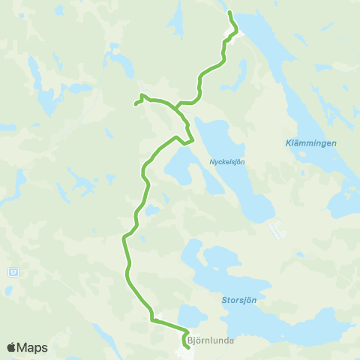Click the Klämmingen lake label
click(311, 142)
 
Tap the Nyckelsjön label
click(227, 160)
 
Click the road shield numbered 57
click(13, 270)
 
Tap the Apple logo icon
click(11, 347)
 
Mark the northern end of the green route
click(229, 13)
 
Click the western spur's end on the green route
click(136, 103)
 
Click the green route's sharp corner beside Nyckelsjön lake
click(193, 140)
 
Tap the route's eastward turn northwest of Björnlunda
click(152, 320)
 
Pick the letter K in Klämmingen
click(289, 142)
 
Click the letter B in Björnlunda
click(190, 340)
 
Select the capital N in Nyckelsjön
click(211, 160)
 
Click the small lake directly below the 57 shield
click(10, 289)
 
